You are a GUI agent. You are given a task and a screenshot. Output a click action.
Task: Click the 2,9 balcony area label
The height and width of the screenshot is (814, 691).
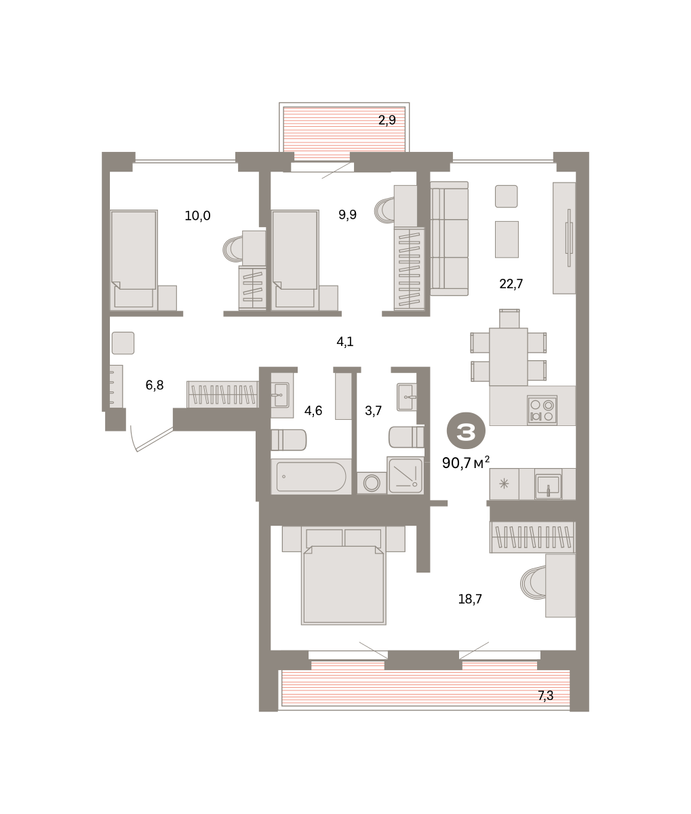coord(387,120)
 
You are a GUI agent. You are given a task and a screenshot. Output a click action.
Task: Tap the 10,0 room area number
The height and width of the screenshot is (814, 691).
coord(197,216)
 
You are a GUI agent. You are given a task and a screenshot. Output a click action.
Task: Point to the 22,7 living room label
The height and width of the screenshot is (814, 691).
coord(511,284)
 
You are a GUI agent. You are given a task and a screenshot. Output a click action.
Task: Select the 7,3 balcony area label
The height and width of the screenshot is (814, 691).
coord(546,696)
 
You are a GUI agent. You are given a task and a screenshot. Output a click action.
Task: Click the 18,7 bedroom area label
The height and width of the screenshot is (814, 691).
coord(470,599)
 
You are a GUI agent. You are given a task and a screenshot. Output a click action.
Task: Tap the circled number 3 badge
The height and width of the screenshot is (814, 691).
coord(466,431)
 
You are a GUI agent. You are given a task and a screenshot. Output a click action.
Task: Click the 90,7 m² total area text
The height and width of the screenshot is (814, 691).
coord(466,463)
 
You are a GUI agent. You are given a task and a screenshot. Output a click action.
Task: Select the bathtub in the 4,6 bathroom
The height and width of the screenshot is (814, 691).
coord(311,476)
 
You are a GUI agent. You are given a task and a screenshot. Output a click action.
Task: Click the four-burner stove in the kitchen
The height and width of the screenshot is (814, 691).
coord(542,410)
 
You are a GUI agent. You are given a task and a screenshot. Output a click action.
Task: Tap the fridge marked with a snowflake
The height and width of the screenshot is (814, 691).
coord(504,484)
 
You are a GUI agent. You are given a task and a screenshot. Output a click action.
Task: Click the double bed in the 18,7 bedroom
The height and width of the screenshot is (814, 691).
coord(343,575)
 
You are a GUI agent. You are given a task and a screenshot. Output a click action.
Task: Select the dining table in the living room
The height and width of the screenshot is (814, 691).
coord(509,356)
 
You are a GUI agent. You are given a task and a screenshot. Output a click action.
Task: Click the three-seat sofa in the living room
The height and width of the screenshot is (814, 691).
coord(449,238)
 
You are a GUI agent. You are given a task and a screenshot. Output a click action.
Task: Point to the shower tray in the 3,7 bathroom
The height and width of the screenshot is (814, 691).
coord(405,476)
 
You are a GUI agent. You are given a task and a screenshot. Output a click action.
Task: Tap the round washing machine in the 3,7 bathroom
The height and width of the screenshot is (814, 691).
coord(372,483)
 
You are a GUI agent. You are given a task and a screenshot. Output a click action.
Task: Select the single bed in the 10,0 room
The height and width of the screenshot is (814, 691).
coord(134,260)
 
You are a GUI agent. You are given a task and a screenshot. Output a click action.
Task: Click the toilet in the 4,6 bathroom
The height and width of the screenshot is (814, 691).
coord(289,440)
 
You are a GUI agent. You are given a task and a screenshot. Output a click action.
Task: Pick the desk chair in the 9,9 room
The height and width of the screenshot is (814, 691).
coord(384,210)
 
